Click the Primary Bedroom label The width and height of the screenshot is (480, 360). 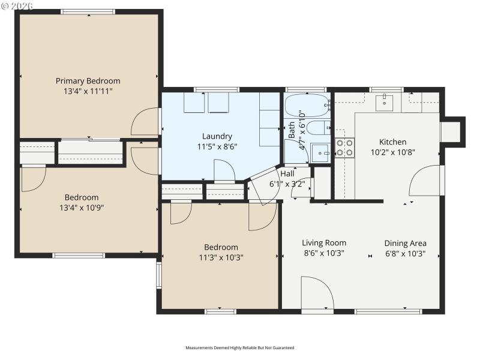pos(88,81)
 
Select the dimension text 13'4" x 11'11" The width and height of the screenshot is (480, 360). pos(88,91)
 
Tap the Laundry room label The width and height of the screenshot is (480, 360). pos(217,136)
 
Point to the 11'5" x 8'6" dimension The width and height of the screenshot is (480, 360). pos(217,146)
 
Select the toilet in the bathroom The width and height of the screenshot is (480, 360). pos(322,127)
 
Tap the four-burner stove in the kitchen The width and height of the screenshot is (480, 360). pos(344,147)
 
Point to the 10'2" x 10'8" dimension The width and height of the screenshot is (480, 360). pos(392,152)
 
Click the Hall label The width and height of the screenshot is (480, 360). pos(287,173)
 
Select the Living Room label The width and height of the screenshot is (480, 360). pos(324,243)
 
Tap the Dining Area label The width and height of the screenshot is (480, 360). pos(406,243)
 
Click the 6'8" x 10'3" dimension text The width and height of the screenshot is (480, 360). pos(406,253)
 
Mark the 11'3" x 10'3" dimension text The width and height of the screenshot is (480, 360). pos(221,257)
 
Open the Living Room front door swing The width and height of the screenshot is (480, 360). pos(317,293)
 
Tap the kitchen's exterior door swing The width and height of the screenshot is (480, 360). pos(425,181)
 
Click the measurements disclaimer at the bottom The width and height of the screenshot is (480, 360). pos(240,347)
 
